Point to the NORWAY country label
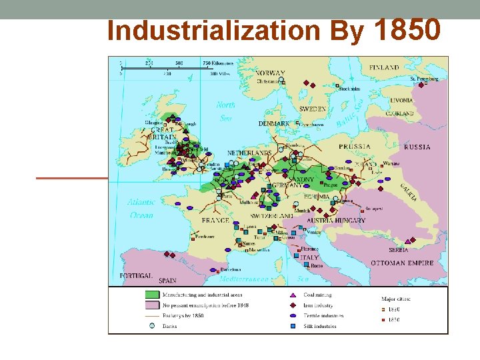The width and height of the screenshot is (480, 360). pos(270,73)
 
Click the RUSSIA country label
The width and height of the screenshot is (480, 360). pos(417,147)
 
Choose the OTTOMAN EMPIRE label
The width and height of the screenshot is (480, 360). pos(402,263)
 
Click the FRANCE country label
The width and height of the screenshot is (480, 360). pos(215,221)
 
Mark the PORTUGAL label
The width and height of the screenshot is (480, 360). pos(136,275)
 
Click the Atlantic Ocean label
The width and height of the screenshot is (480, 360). pos(141,208)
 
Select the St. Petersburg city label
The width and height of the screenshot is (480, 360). pos(425,79)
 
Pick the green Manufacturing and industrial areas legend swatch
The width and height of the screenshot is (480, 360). pos(152,294)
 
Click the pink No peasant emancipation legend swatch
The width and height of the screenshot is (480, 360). pos(152,305)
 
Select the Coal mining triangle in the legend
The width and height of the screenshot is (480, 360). pos(291,295)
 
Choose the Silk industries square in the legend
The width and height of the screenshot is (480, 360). pos(291,326)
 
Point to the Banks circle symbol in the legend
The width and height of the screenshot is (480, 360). pos(152,326)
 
